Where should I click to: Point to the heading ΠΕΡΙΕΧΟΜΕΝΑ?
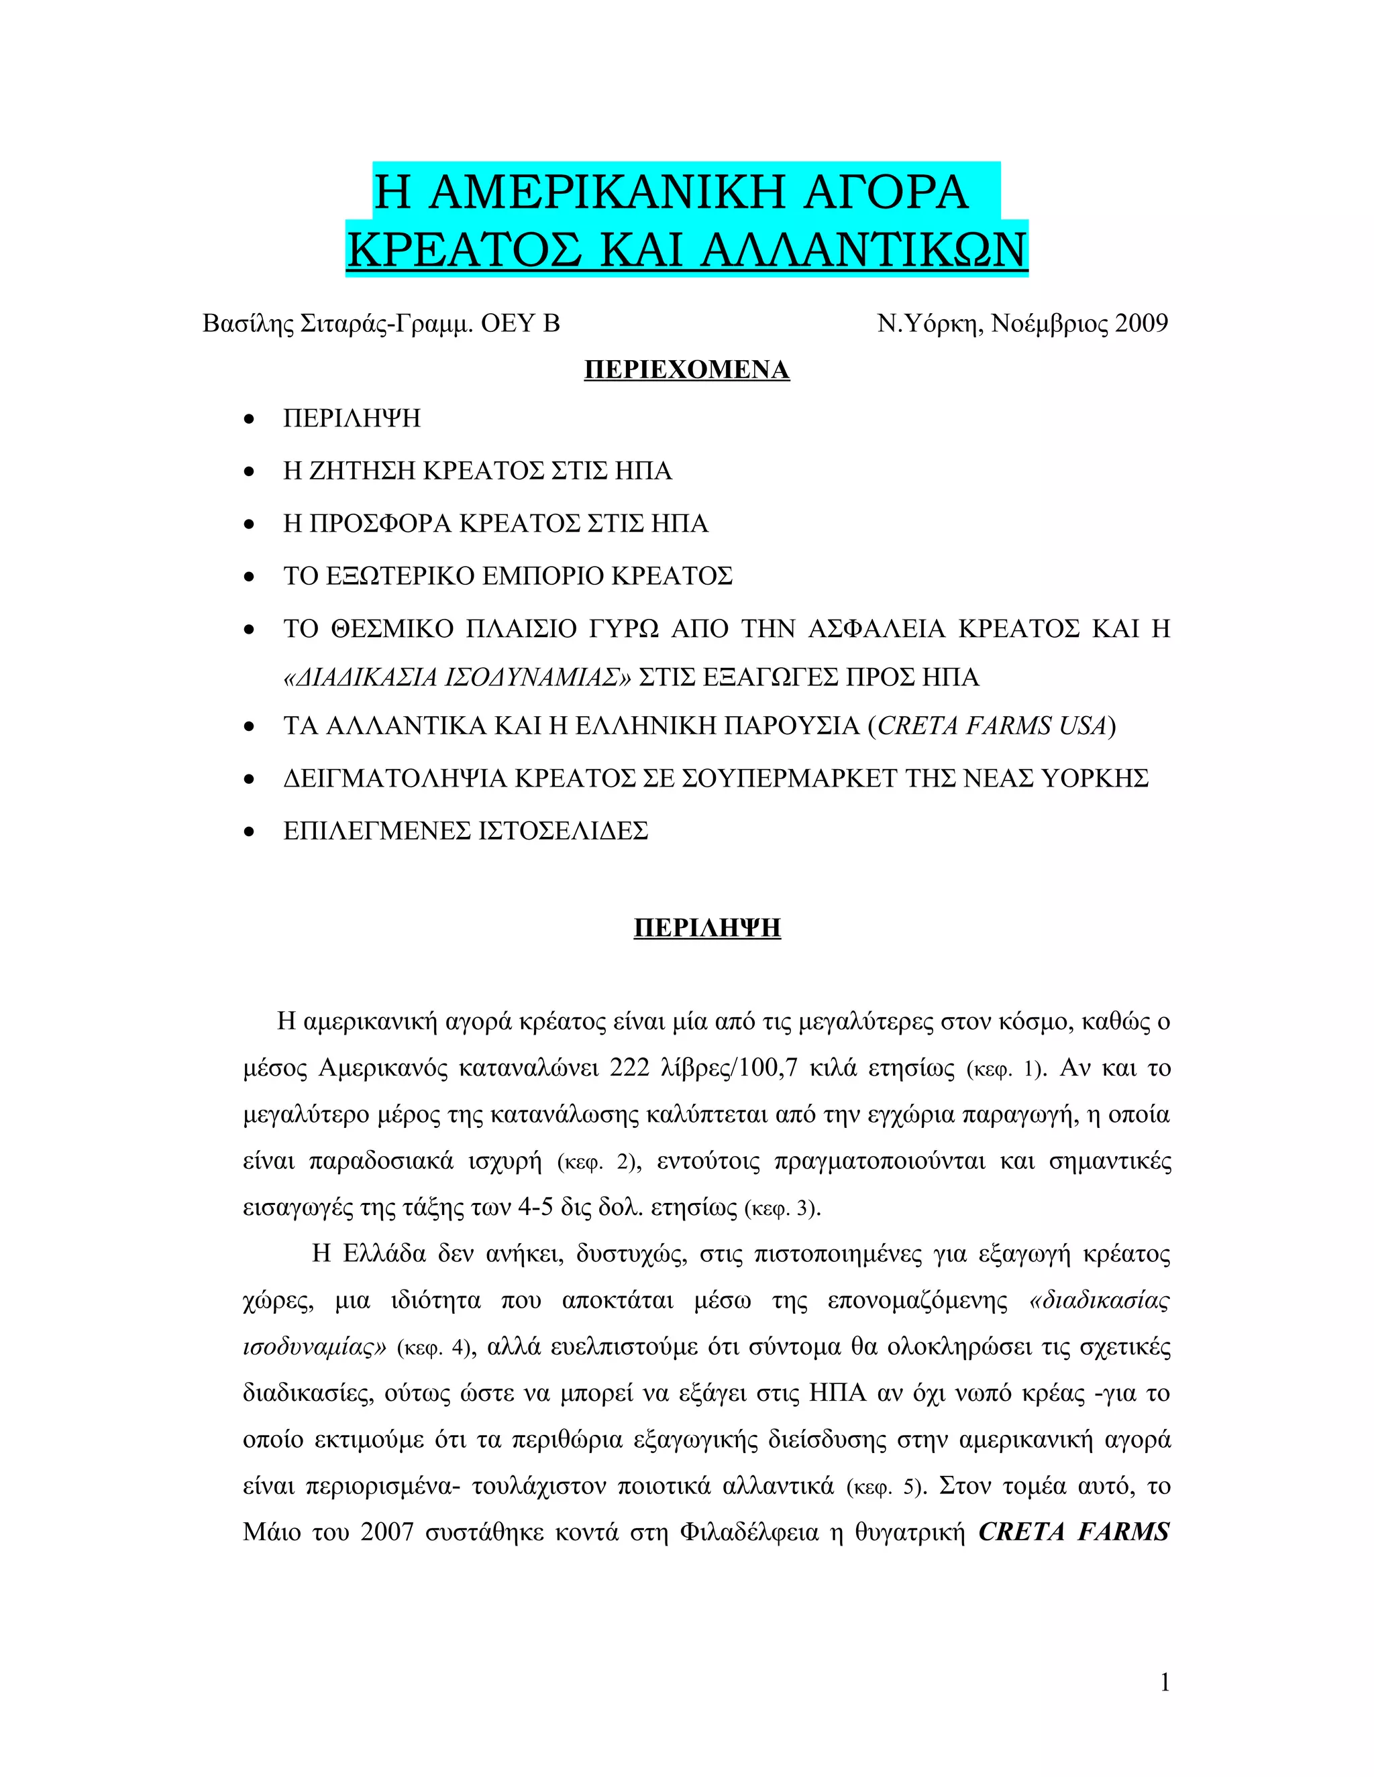coord(686,370)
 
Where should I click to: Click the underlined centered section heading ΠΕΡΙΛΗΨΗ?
coord(706,927)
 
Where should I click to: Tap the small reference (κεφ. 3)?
coord(782,1208)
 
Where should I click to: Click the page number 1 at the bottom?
coord(1164,1682)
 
